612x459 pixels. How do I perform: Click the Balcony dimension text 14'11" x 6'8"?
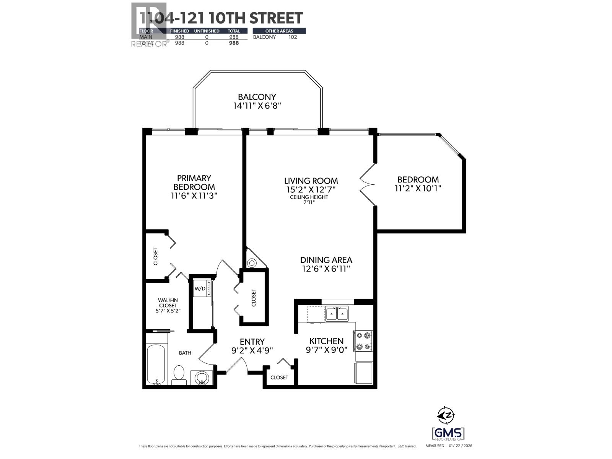pos(257,106)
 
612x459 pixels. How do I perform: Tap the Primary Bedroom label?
pos(194,182)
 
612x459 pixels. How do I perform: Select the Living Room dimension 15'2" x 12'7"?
pos(311,189)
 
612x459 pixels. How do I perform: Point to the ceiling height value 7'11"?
pos(308,202)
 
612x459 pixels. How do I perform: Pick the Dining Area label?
pos(326,260)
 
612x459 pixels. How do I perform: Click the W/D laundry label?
pos(200,289)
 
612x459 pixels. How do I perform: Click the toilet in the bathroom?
pos(179,374)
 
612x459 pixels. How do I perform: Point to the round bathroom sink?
pos(202,378)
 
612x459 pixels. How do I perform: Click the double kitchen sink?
pos(337,314)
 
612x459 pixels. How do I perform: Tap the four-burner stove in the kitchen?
pos(363,341)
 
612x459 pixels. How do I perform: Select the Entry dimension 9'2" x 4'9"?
pos(252,350)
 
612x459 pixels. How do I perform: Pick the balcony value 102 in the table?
pos(292,37)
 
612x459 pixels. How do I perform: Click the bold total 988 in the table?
pos(234,43)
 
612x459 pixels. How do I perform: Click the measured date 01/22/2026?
pos(462,446)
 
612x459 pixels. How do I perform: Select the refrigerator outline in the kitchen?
pos(364,373)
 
